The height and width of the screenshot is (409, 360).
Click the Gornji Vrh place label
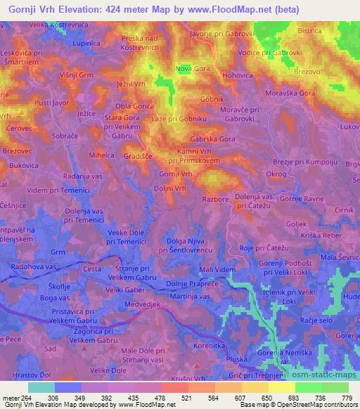coord(176,174)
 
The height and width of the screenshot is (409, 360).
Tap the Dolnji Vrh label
coord(170,188)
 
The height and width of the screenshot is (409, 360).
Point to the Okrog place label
coord(276,172)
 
